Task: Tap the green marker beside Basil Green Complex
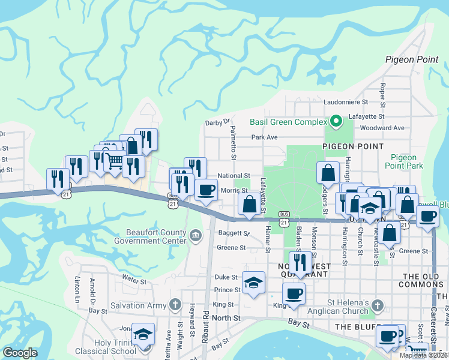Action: click(336, 122)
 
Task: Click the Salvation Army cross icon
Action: click(175, 305)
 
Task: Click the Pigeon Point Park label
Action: click(403, 161)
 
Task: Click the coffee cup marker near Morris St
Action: click(206, 190)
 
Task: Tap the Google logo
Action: click(20, 353)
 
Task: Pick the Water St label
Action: click(134, 280)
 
